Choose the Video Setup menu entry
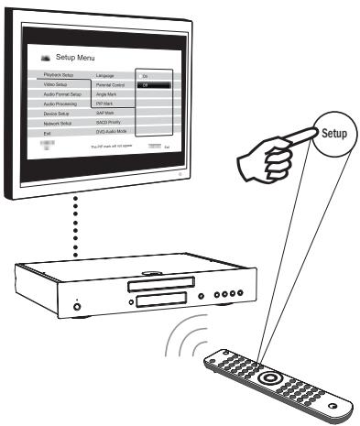(x=57, y=83)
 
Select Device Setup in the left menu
(x=58, y=114)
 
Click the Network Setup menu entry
(x=60, y=124)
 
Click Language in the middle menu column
(x=105, y=73)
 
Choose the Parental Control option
(x=112, y=83)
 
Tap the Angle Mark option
(x=107, y=93)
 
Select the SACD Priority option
(x=109, y=124)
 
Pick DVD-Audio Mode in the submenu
(x=113, y=134)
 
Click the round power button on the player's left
(x=77, y=303)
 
